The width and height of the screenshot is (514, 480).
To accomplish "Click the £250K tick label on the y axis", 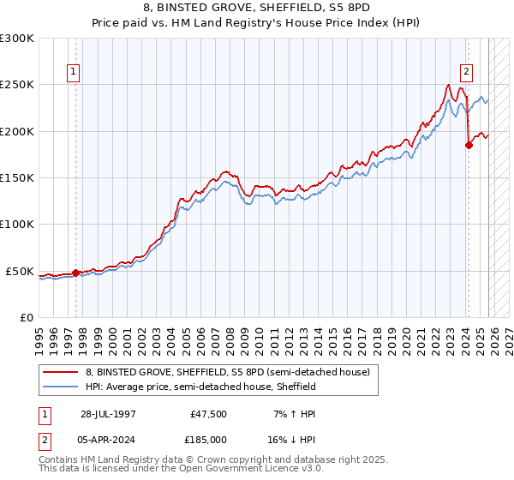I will [17, 85].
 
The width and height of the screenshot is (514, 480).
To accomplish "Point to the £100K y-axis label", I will [17, 225].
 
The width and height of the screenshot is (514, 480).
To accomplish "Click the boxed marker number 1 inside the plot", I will [75, 73].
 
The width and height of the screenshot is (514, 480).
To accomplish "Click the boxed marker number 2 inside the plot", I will [467, 73].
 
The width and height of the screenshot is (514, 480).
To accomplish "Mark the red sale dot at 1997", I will [75, 273].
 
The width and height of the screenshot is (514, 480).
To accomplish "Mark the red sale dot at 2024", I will [469, 146].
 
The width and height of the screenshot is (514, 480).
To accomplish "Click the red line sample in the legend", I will [62, 372].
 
